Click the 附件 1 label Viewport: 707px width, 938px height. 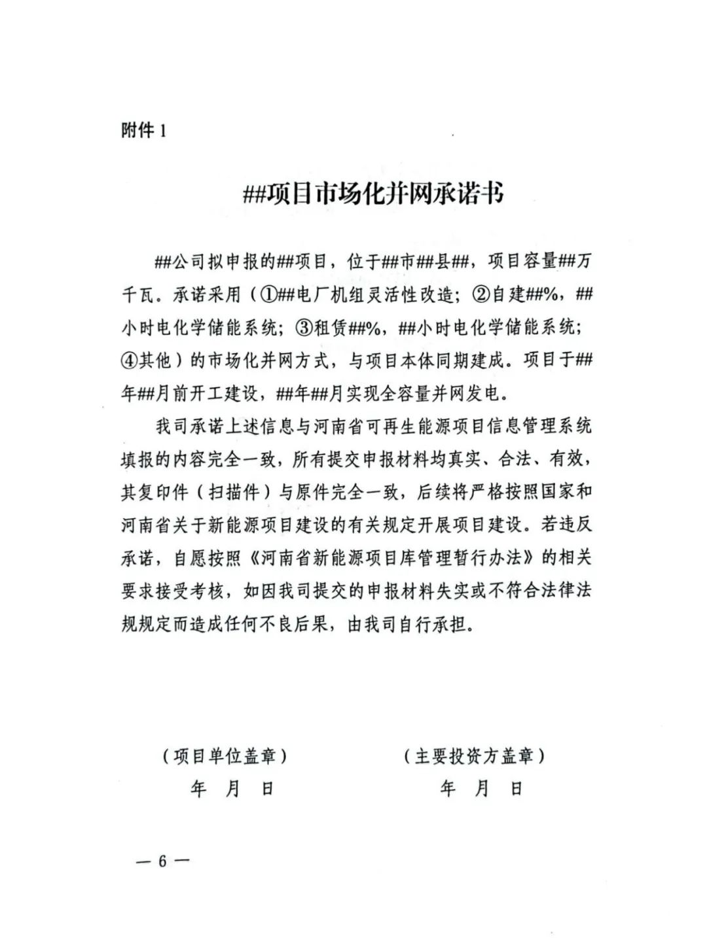pos(143,131)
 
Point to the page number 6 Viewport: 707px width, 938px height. pos(162,861)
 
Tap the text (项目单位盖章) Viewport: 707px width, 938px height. pos(225,756)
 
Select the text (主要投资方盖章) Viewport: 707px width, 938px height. pos(475,756)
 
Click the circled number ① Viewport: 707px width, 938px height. pos(269,295)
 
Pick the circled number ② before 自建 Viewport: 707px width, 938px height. pos(480,295)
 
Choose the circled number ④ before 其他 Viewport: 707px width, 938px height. pos(130,360)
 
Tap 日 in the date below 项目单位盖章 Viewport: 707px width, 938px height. pos(267,789)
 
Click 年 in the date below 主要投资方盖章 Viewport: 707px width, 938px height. pos(448,789)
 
